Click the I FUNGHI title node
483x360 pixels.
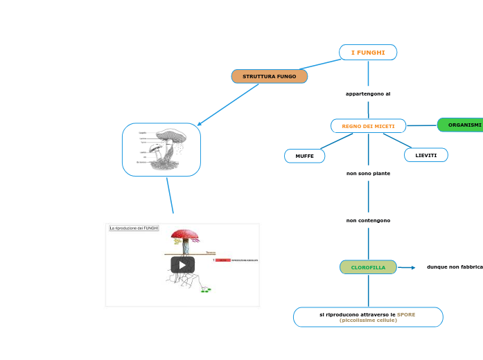point(368,53)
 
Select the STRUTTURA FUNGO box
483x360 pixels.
point(270,76)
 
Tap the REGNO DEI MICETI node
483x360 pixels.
point(368,126)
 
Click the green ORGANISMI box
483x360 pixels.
point(462,125)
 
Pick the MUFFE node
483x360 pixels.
point(304,156)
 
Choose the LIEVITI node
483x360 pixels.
point(426,155)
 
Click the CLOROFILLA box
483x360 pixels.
point(368,267)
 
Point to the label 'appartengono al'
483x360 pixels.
point(368,93)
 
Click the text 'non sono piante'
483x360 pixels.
point(368,174)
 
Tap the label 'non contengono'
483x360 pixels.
point(368,221)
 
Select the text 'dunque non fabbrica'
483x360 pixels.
point(455,267)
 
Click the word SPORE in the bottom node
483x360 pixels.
point(406,314)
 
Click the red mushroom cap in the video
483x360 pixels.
point(184,235)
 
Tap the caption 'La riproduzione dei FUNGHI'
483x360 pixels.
point(134,228)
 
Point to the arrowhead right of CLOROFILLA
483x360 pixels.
point(412,267)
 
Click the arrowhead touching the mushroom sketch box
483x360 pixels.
point(199,125)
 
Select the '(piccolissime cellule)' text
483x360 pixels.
point(368,321)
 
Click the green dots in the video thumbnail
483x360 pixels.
point(206,291)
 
